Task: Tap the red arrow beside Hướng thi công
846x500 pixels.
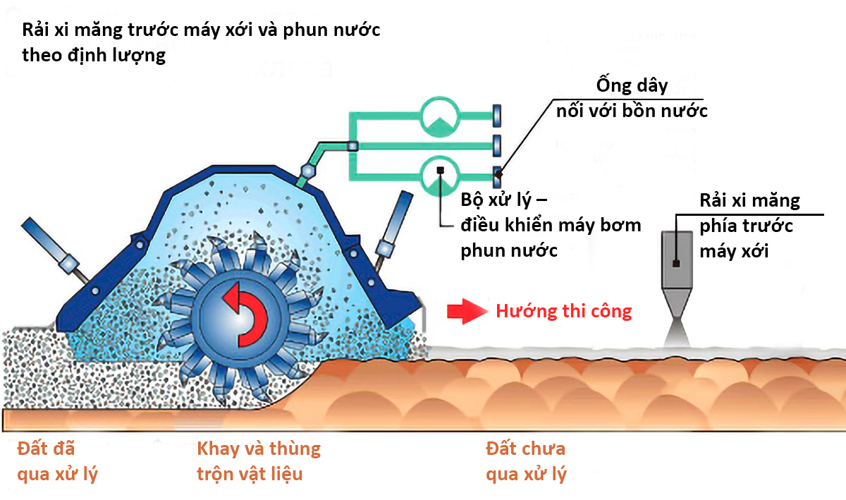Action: coord(465,311)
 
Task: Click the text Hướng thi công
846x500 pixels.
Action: coord(563,311)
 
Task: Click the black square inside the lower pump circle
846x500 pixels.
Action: coord(439,170)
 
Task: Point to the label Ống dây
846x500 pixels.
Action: coord(631,87)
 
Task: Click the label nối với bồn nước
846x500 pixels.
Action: coord(632,111)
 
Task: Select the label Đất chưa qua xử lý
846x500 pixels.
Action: coord(526,461)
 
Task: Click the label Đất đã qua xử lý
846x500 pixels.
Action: coord(56,461)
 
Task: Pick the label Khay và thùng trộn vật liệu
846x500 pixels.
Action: coord(258,461)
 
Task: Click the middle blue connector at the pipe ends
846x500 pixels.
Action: coord(496,144)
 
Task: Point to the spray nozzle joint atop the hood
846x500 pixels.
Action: coord(308,171)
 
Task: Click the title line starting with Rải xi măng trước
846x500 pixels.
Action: coord(201,32)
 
